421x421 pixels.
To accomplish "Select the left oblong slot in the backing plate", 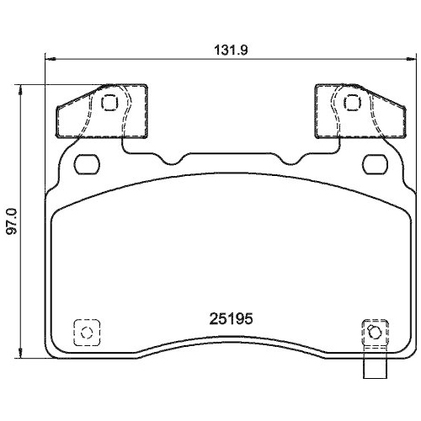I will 87,163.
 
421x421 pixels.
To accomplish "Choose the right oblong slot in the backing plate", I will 371,163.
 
